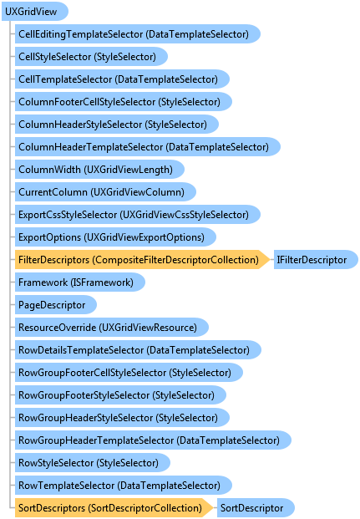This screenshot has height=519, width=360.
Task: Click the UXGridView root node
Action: (35, 12)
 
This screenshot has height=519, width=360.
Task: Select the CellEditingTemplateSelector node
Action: (138, 34)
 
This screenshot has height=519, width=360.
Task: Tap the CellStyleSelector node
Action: (91, 57)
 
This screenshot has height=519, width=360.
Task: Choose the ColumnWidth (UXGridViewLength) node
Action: (99, 170)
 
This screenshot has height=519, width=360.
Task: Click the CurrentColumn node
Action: (105, 192)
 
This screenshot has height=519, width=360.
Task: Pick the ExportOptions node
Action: (115, 237)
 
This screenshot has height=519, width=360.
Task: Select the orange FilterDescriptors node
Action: (142, 260)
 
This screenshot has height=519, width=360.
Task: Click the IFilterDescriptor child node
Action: (316, 260)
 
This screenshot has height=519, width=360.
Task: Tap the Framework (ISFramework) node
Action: (79, 282)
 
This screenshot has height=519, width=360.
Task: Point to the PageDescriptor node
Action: (56, 305)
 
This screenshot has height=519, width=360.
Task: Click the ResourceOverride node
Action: (112, 328)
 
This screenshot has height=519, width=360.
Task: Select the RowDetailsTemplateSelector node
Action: (138, 350)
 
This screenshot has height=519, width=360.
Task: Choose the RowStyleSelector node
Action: (93, 463)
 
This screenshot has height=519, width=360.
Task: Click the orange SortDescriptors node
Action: (114, 508)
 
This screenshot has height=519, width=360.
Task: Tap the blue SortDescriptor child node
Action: (256, 508)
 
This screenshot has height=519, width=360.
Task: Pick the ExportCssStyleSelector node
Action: (138, 215)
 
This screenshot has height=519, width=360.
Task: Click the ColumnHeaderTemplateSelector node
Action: (148, 147)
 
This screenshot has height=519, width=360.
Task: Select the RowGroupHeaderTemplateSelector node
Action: (153, 440)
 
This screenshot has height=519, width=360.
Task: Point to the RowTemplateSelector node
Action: (124, 486)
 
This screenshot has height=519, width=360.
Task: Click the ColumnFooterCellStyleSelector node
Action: (124, 102)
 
